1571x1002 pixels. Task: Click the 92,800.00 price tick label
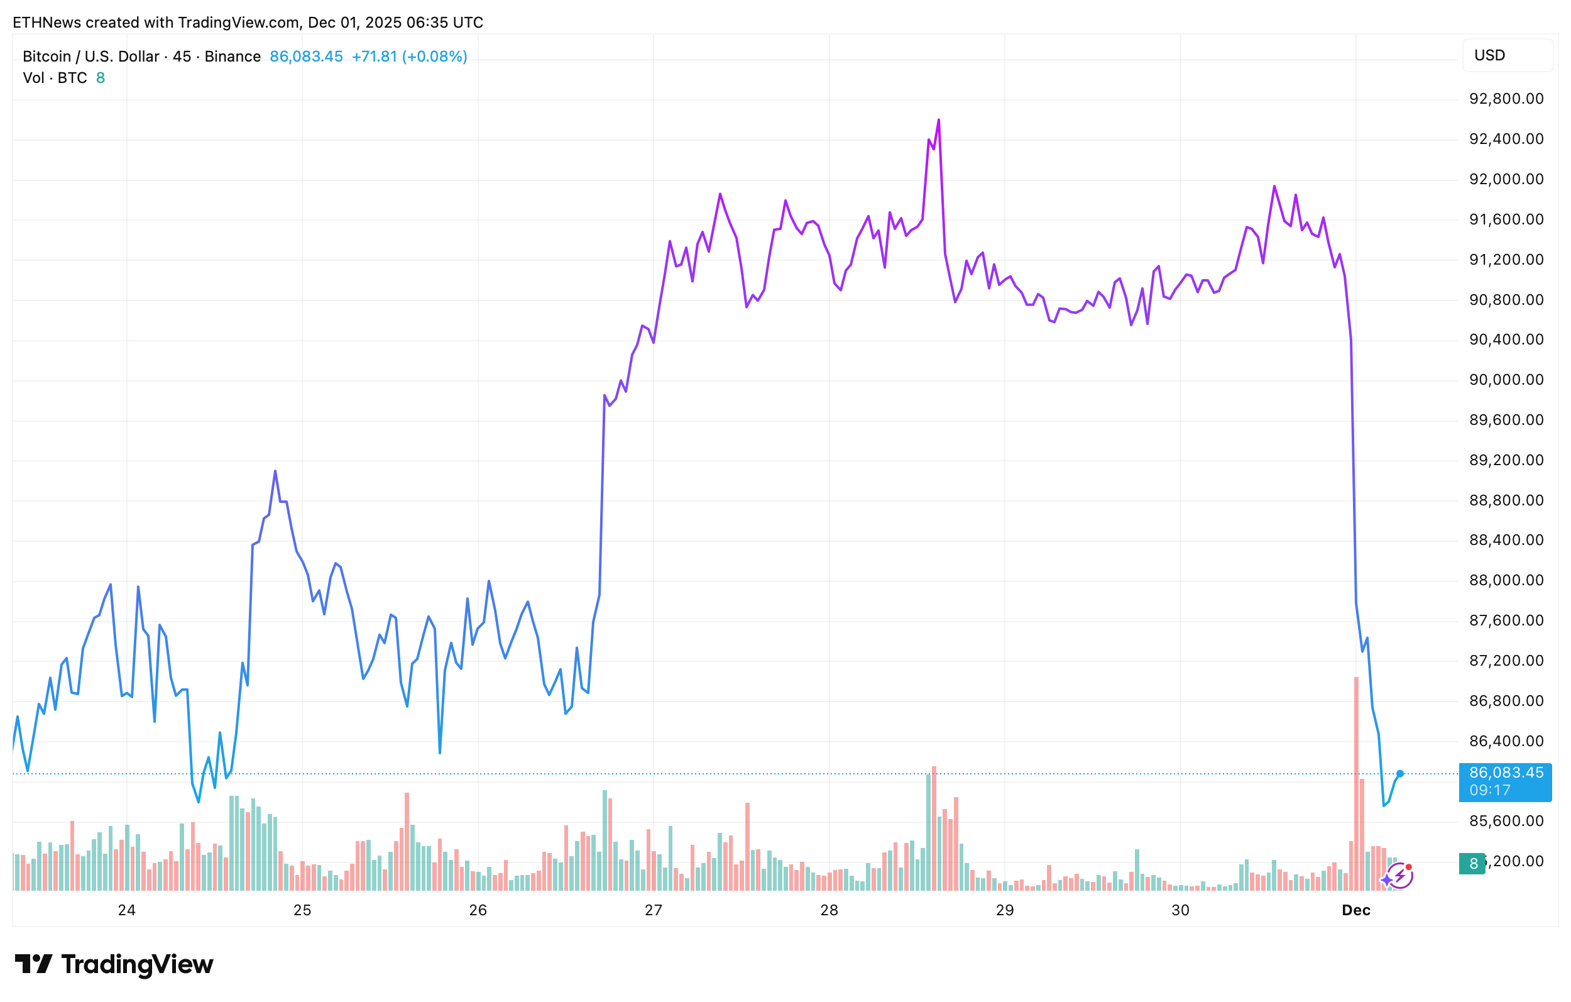[x=1506, y=99]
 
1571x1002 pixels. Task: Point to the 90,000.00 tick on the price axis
[x=1506, y=380]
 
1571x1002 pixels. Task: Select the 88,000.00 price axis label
[x=1506, y=580]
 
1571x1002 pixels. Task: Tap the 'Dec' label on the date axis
[x=1355, y=910]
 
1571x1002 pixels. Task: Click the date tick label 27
[x=653, y=910]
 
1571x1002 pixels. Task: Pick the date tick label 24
[x=126, y=910]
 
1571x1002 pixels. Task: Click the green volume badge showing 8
[x=1472, y=864]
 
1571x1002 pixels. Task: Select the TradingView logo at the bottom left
[x=114, y=964]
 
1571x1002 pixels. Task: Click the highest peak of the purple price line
[x=938, y=121]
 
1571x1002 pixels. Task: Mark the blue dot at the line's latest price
[x=1399, y=774]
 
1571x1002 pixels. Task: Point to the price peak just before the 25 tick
[x=275, y=471]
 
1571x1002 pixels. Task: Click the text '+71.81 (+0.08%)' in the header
[x=409, y=57]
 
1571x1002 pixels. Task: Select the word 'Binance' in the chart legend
[x=233, y=57]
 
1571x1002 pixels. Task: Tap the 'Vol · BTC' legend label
[x=55, y=79]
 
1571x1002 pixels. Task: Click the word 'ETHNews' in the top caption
[x=47, y=23]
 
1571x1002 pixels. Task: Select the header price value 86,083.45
[x=306, y=57]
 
